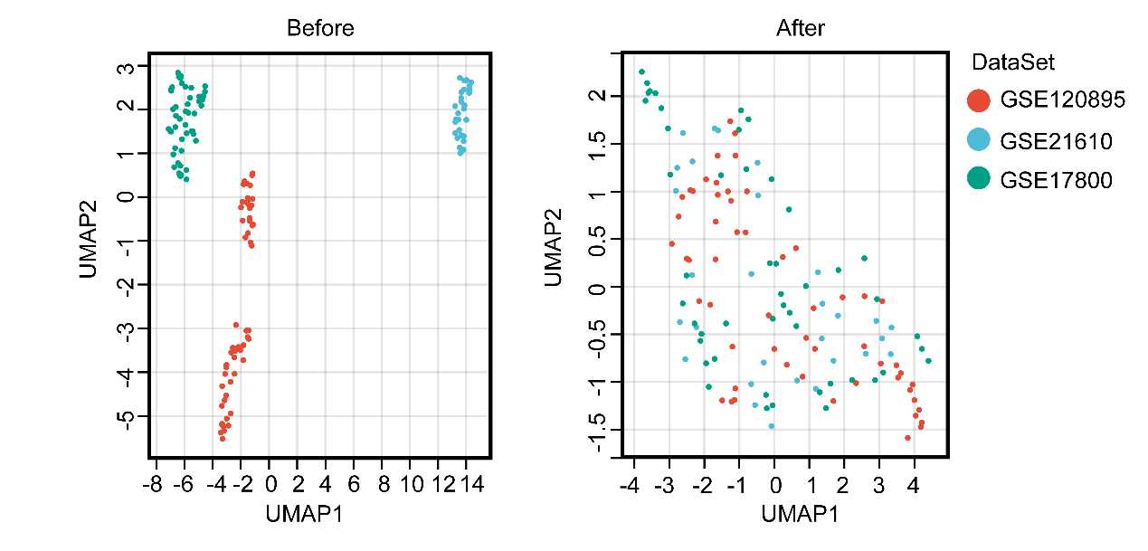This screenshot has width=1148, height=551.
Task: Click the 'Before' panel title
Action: pyautogui.click(x=320, y=28)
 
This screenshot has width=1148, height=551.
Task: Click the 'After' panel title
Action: pyautogui.click(x=801, y=28)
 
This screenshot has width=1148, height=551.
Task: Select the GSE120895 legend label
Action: pyautogui.click(x=1062, y=100)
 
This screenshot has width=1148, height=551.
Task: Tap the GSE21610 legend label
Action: pyautogui.click(x=1056, y=140)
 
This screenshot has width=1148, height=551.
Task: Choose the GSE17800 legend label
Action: pyautogui.click(x=1056, y=180)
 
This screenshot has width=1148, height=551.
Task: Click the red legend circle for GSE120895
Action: pyautogui.click(x=979, y=100)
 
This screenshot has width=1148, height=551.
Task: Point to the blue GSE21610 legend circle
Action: pyautogui.click(x=979, y=140)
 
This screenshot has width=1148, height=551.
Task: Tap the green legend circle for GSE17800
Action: pyautogui.click(x=979, y=180)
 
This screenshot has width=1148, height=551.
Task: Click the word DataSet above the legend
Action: pyautogui.click(x=1013, y=62)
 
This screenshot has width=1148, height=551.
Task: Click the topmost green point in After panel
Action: pyautogui.click(x=641, y=71)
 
